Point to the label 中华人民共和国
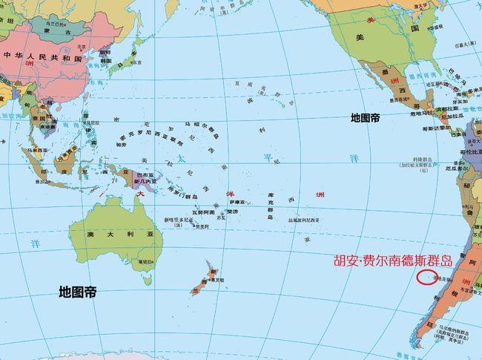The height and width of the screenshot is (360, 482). click(36, 56)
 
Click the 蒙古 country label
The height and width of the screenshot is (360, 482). click(67, 33)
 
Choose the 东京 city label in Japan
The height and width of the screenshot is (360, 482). click(136, 62)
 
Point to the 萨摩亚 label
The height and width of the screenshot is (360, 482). click(236, 202)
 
